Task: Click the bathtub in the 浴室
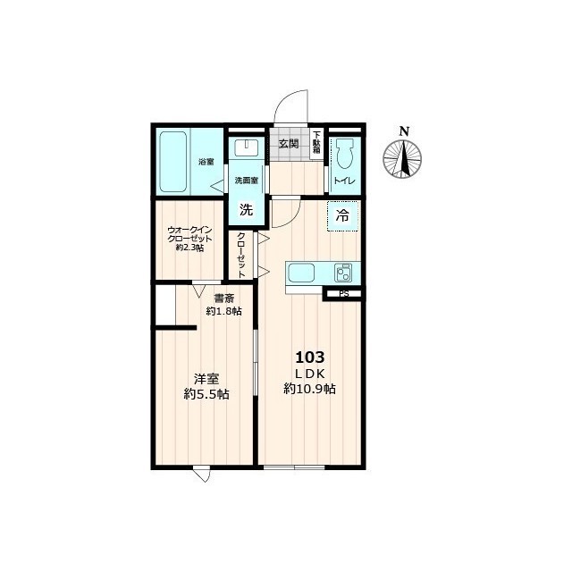click(173, 163)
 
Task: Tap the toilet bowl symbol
click(345, 154)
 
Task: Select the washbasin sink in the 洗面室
click(247, 147)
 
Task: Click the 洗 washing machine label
click(246, 209)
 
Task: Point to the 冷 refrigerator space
click(342, 216)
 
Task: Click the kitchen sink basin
click(301, 273)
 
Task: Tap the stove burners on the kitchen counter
click(343, 273)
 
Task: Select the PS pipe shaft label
click(343, 294)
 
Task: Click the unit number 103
click(309, 357)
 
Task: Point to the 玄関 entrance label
click(289, 144)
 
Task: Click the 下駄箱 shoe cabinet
click(315, 143)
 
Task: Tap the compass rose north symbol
click(402, 159)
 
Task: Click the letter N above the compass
click(403, 131)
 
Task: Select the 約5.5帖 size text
click(206, 394)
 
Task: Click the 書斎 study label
click(224, 299)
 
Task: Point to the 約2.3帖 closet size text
click(189, 248)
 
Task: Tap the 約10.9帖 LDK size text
click(310, 390)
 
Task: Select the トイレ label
click(345, 181)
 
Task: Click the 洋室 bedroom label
click(206, 379)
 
